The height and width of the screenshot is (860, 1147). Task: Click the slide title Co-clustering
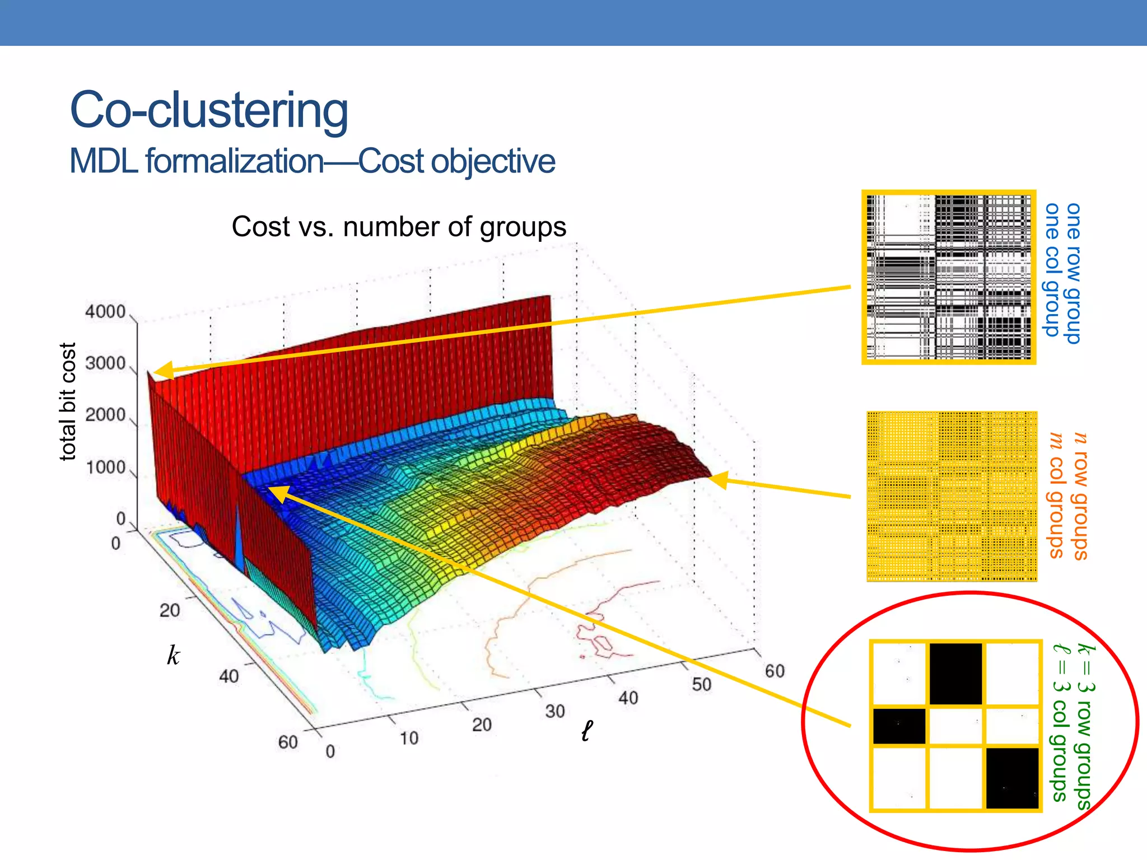point(208,110)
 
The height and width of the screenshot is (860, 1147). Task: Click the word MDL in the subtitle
point(103,162)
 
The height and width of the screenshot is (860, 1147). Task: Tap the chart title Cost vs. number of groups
point(399,227)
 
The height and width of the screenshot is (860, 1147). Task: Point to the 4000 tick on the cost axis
point(105,311)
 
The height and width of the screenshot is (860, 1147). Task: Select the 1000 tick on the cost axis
point(105,467)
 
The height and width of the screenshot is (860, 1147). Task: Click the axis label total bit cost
point(67,401)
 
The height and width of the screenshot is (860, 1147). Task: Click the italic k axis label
point(174,656)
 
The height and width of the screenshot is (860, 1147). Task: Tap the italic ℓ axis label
point(586,731)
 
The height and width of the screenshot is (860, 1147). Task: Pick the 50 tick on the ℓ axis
point(701,684)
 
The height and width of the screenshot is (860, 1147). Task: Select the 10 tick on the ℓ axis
point(409,739)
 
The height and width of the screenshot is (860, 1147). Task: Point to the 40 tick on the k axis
point(229,676)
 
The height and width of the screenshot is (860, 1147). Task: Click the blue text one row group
point(1073,273)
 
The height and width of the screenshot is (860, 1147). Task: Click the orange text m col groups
point(1056,495)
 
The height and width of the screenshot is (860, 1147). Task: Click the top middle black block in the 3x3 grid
point(955,674)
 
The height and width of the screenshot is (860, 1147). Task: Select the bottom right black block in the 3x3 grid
point(1012,778)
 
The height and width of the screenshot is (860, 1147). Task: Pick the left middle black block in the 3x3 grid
point(899,726)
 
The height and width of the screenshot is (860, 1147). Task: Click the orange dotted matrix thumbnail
point(952,496)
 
